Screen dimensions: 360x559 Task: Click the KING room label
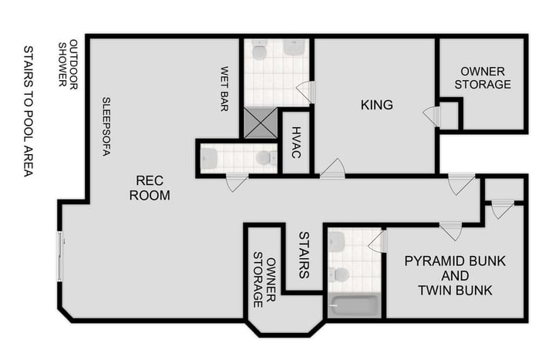click(376, 105)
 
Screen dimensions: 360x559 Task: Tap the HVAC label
click(295, 143)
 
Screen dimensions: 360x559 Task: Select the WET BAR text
click(225, 89)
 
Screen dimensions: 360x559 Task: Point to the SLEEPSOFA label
click(106, 126)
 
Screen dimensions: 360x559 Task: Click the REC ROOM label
click(150, 188)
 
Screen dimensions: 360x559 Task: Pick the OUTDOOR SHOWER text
click(69, 63)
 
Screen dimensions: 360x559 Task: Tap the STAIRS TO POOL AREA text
click(28, 111)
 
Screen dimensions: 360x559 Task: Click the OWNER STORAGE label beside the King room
click(482, 78)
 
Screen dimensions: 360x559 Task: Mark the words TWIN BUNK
click(455, 291)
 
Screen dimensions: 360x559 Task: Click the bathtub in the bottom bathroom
click(354, 306)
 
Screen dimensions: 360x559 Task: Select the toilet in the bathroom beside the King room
click(260, 52)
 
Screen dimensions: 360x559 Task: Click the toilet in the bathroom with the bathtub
click(341, 274)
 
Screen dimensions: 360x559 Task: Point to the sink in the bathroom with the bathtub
click(336, 242)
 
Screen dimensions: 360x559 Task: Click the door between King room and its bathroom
click(307, 92)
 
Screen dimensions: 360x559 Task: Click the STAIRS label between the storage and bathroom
click(304, 255)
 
